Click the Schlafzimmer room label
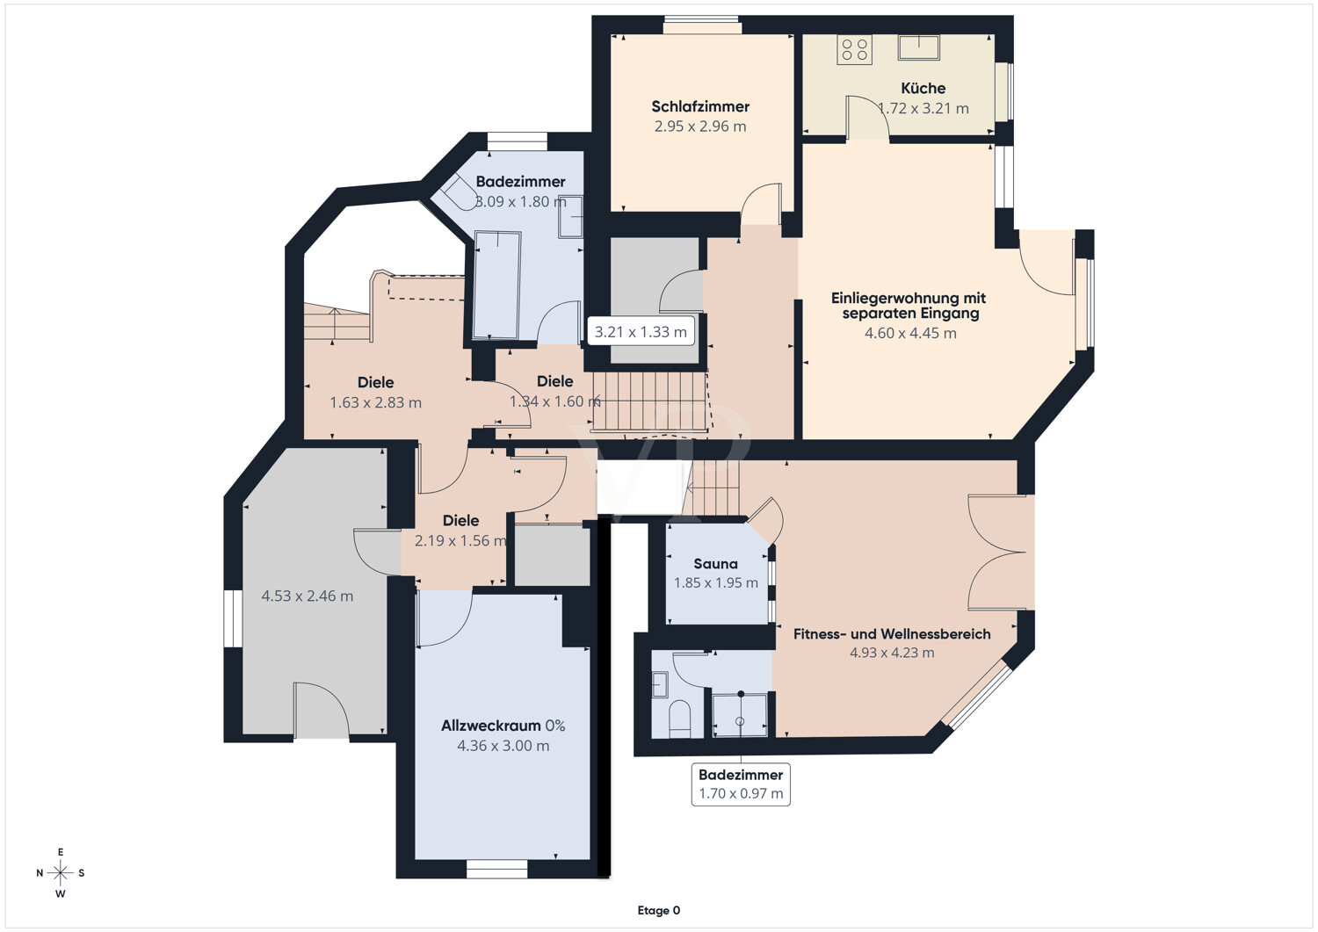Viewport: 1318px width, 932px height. [700, 106]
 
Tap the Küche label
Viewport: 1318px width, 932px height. [923, 88]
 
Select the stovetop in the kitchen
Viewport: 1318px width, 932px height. [854, 49]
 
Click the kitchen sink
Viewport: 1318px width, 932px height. [918, 47]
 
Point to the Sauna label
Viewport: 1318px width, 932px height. [715, 564]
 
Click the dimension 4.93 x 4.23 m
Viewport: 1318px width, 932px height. [892, 653]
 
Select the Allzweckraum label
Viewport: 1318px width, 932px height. [490, 726]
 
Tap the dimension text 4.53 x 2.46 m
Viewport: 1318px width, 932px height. [308, 596]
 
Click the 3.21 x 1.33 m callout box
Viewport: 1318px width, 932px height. [641, 332]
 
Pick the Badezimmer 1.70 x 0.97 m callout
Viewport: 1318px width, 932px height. [741, 784]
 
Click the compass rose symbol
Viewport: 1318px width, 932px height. [61, 873]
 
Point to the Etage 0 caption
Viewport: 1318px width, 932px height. [658, 910]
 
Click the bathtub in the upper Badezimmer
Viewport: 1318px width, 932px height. [497, 285]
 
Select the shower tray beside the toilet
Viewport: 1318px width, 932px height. [740, 715]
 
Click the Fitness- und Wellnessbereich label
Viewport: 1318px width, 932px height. [892, 634]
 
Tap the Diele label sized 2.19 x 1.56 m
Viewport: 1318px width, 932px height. [460, 521]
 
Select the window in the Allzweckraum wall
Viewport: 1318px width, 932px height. [496, 870]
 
